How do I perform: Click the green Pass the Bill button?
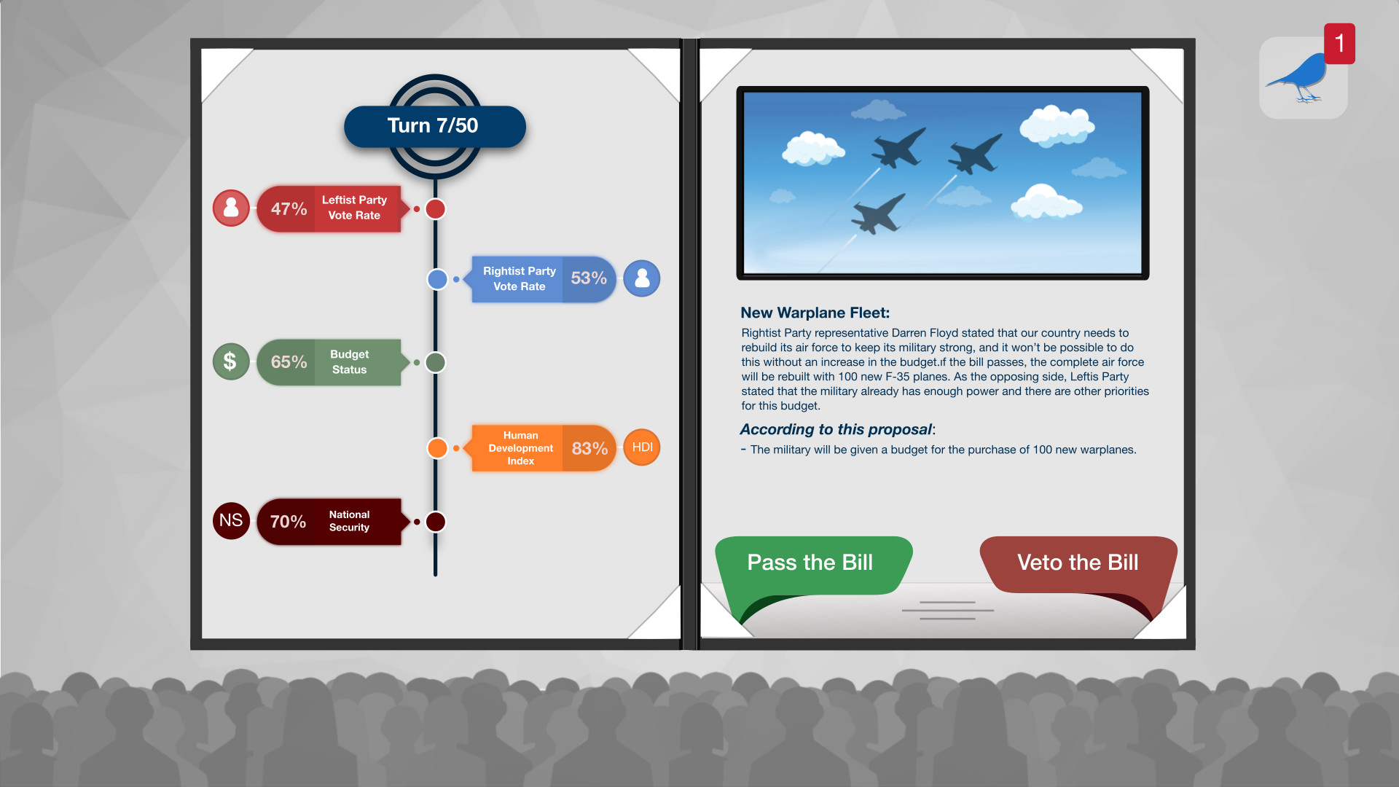click(810, 563)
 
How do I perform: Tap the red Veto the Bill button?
click(1077, 563)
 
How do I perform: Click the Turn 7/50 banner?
click(434, 126)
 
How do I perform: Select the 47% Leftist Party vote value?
click(289, 209)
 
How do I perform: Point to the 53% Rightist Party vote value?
click(589, 278)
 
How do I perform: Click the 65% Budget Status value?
click(289, 362)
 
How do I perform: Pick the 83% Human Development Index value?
click(589, 448)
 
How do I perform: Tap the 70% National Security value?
click(288, 522)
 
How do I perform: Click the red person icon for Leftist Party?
click(231, 208)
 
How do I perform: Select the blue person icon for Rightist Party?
click(642, 278)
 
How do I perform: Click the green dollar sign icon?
click(230, 361)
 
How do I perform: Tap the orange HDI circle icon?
click(642, 447)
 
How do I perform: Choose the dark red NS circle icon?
click(231, 520)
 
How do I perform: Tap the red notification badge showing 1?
click(1339, 44)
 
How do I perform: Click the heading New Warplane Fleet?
click(815, 313)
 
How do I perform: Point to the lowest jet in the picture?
click(879, 213)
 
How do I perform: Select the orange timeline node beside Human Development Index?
click(437, 448)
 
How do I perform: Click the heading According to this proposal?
click(836, 429)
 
